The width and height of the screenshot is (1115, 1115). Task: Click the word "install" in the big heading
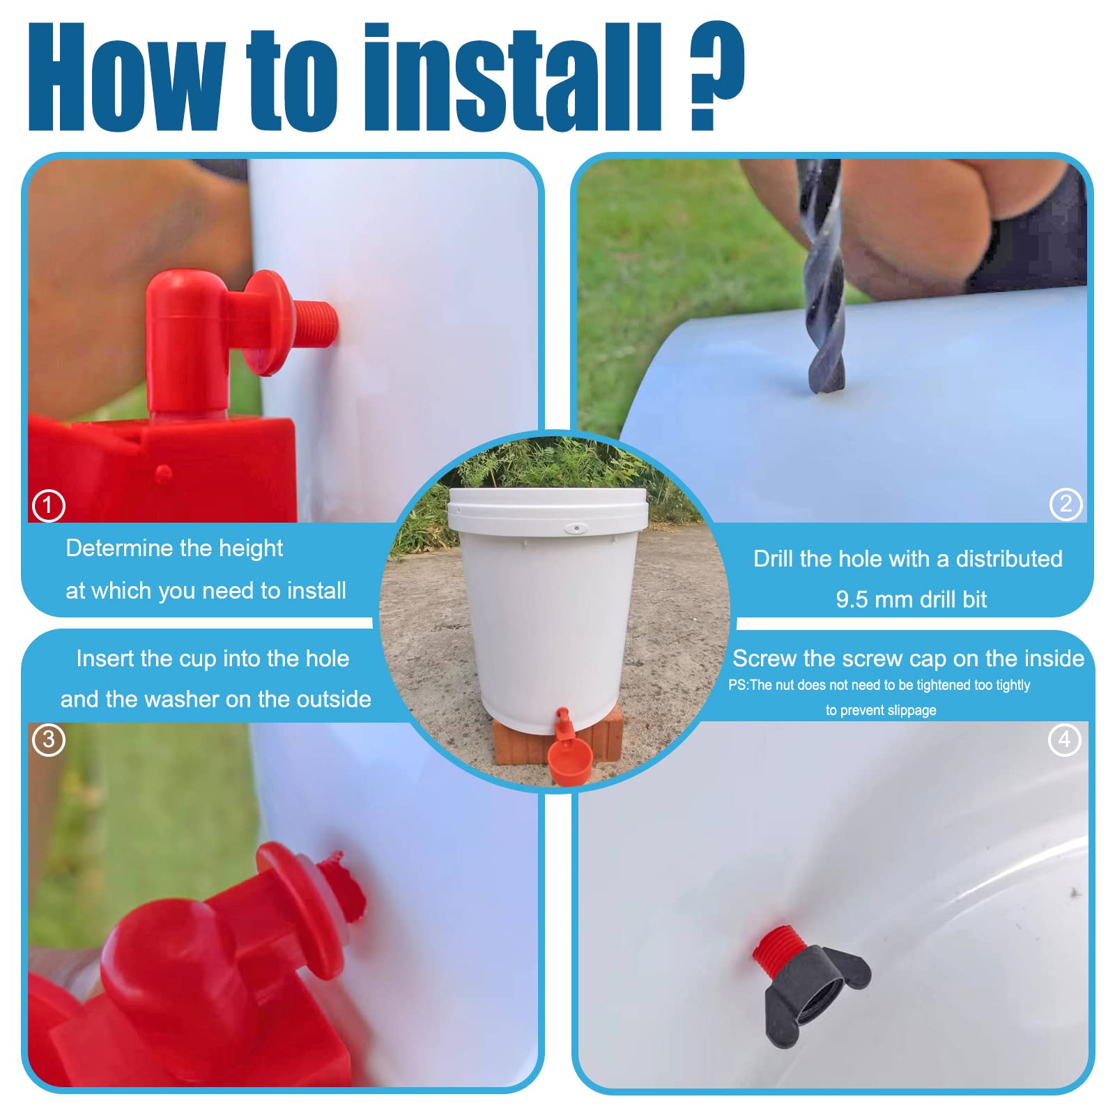pos(513,77)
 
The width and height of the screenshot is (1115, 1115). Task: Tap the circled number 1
pos(48,505)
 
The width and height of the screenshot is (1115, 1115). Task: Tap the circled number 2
pos(1066,504)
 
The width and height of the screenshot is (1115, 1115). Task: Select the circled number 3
pos(48,739)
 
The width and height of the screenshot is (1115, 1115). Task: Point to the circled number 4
pos(1064,739)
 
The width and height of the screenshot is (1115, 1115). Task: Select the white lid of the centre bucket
pos(548,512)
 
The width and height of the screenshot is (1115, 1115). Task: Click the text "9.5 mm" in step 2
pos(874,599)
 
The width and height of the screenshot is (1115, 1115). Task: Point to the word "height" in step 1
pos(251,549)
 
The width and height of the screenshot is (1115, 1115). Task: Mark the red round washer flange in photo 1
pos(267,322)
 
